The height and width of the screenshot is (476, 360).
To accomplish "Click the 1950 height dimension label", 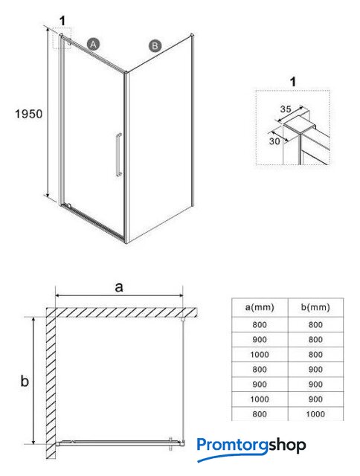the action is (29, 114).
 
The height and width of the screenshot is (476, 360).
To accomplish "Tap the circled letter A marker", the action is (94, 45).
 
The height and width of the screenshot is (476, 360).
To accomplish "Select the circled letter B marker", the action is (155, 46).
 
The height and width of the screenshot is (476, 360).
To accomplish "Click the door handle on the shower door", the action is (119, 155).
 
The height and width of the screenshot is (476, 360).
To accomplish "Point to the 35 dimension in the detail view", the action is (286, 109).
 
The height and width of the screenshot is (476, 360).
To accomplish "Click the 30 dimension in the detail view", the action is (274, 141).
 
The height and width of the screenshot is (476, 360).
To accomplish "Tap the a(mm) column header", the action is (260, 307).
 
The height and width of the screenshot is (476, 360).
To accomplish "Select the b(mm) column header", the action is (315, 307).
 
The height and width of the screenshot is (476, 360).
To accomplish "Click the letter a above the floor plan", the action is (119, 286).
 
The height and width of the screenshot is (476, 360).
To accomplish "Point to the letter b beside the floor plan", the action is (25, 380).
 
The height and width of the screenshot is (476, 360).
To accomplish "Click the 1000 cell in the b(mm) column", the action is (315, 414).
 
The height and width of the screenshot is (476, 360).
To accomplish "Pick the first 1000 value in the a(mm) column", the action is (260, 354).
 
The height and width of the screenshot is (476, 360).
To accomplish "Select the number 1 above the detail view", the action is (293, 81).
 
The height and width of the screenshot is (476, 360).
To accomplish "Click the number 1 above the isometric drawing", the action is (62, 21).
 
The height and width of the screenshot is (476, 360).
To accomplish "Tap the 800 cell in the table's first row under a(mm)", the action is (260, 324).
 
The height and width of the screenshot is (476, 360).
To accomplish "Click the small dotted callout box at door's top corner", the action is (62, 38).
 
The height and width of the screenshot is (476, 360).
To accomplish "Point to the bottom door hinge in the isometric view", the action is (68, 205).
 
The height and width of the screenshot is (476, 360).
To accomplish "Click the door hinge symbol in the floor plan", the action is (171, 443).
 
